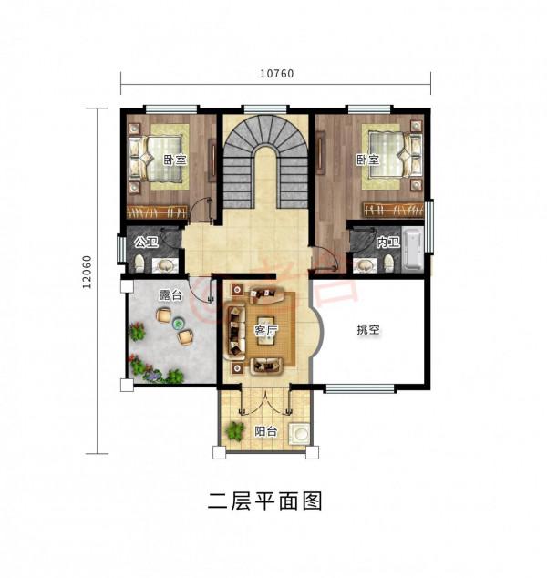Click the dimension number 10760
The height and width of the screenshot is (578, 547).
(275, 75)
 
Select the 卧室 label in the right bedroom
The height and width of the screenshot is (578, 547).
(366, 160)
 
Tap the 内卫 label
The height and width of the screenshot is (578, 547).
(386, 243)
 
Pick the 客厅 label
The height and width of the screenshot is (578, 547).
(266, 330)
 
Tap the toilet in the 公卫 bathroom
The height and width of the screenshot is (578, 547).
(139, 264)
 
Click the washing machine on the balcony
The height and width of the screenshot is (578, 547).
(298, 434)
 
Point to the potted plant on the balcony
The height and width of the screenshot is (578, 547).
(234, 429)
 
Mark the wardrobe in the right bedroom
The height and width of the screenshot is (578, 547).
(394, 209)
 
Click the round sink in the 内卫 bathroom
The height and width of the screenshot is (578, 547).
(366, 265)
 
